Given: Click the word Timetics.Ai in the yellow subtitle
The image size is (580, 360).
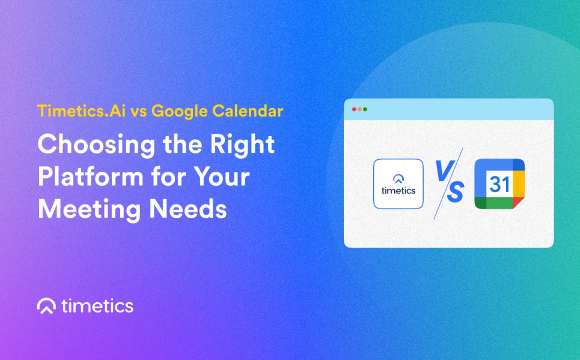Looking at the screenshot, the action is tap(81, 111).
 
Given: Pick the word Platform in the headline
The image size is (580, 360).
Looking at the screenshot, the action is tap(91, 177).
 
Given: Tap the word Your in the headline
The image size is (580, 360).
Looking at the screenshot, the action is tap(222, 177).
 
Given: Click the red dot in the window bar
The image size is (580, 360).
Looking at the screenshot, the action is tap(354, 109).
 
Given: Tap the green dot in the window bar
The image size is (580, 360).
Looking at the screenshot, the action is tap(365, 109).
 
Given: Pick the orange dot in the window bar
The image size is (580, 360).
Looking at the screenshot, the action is tap(359, 109).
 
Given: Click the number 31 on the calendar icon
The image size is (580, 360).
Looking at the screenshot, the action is tap(499, 184).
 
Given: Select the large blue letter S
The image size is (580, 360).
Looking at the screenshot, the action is tap(456, 192).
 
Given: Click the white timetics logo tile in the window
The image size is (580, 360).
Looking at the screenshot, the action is tap(398, 184).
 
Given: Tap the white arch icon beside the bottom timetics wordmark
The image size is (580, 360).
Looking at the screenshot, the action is tap(46, 306).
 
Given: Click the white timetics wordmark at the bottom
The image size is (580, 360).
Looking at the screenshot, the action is tap(97, 307).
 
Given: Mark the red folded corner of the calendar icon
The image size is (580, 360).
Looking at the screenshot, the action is tap(518, 202).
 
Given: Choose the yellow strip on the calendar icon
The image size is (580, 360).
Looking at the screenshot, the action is tap(519, 184).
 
